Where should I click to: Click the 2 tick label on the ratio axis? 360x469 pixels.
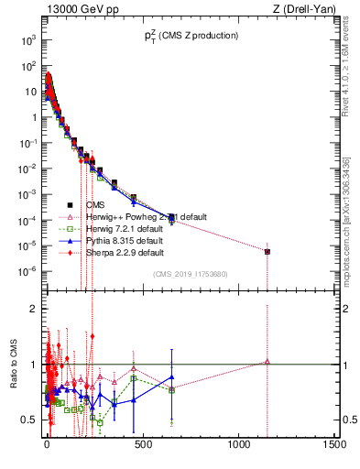tap(32, 309)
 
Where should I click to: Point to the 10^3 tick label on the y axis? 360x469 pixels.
tap(27, 40)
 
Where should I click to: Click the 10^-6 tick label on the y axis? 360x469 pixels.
tap(27, 270)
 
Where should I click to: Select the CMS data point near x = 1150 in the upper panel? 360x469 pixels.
tap(267, 251)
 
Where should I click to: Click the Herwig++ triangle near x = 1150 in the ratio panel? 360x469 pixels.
tap(267, 362)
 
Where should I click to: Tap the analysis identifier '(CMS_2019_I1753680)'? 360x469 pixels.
tap(190, 273)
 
